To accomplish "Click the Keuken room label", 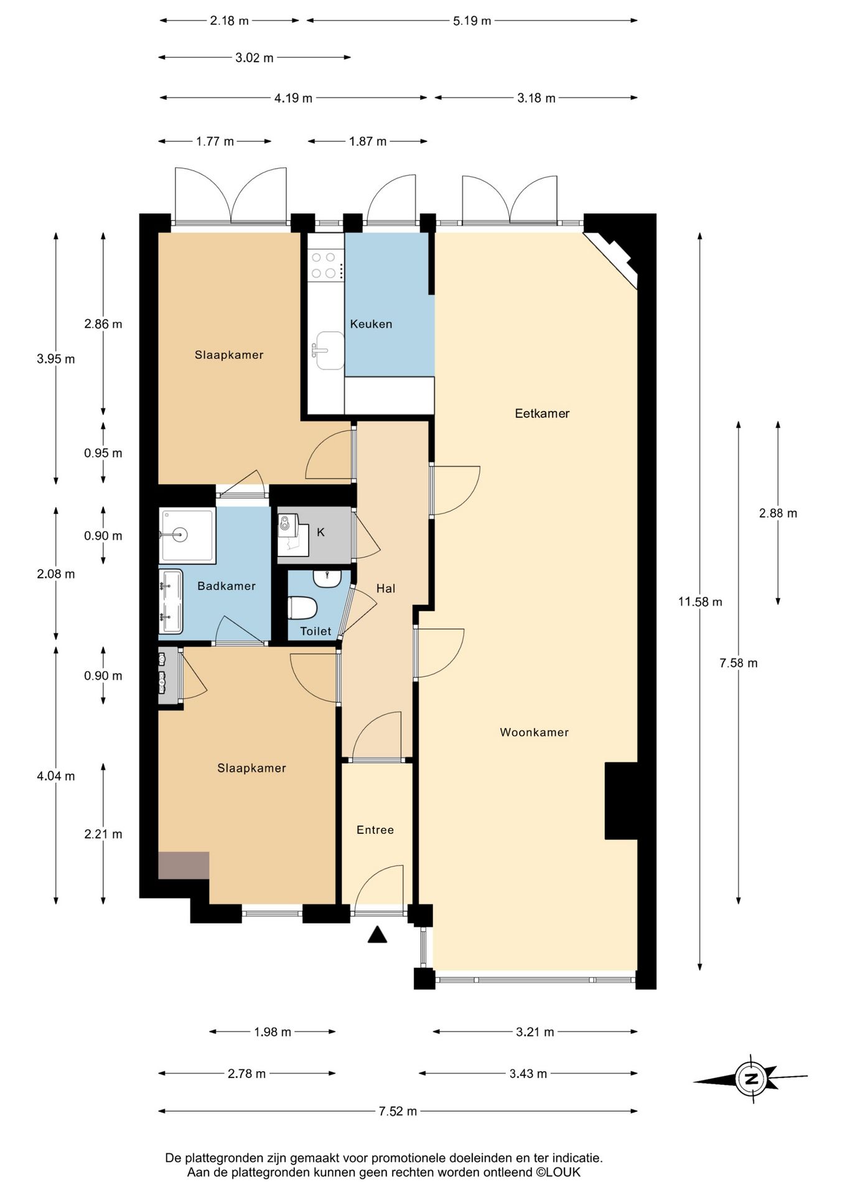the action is [x=371, y=324].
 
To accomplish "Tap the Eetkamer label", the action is [x=542, y=413].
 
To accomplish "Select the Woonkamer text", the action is [x=535, y=733].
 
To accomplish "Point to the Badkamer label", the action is [x=226, y=586].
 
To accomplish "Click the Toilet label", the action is [x=315, y=631].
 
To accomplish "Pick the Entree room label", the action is [x=375, y=830].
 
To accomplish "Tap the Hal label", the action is [x=386, y=588].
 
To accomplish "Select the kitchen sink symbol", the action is [x=329, y=350].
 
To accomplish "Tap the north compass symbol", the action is [x=751, y=1080].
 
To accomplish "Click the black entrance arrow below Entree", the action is [x=377, y=935].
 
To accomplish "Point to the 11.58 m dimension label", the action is [x=700, y=602].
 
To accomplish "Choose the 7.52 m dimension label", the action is [x=398, y=1112].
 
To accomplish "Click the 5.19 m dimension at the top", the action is [x=472, y=21].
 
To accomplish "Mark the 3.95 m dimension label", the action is [x=56, y=359].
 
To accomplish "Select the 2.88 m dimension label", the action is [x=778, y=513].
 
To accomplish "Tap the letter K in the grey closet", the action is [x=320, y=532].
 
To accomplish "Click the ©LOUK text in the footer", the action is [x=558, y=1173].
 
